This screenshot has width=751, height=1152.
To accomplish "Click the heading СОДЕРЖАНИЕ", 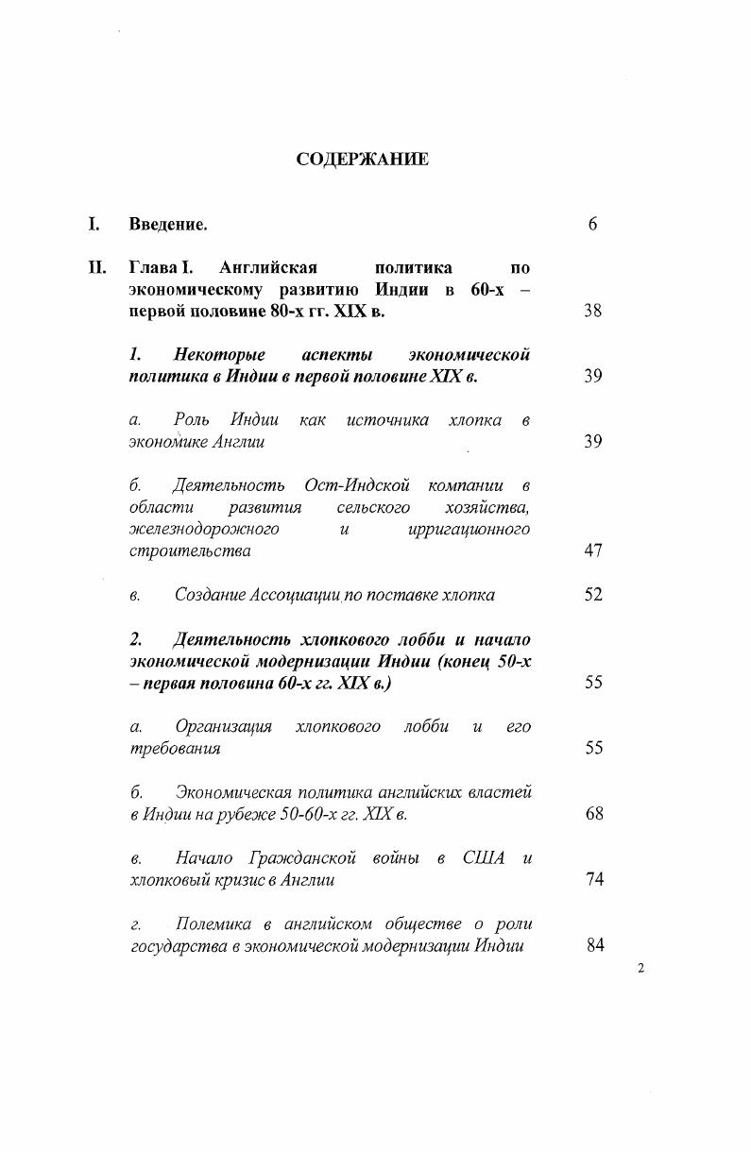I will pos(362,159).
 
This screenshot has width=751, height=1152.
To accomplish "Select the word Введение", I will pos(167,224).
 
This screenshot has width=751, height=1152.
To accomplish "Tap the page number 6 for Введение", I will pos(592,224).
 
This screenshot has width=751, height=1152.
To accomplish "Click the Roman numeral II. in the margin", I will pos(96,267).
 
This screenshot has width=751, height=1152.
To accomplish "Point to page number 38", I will pos(592,311).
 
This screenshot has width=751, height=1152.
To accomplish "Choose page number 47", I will pos(592,551).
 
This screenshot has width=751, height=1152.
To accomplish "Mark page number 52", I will pos(592,595).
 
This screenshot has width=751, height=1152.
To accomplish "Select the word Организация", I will pos(223,726).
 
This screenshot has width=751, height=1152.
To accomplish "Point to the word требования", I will pos(175,748).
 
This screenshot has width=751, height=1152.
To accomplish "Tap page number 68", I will pos(593,813).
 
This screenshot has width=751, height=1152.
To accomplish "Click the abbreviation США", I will pos(485,857).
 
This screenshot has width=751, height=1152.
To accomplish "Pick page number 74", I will pos(593,879).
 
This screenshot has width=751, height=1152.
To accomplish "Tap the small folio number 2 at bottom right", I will pos(640,968).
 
